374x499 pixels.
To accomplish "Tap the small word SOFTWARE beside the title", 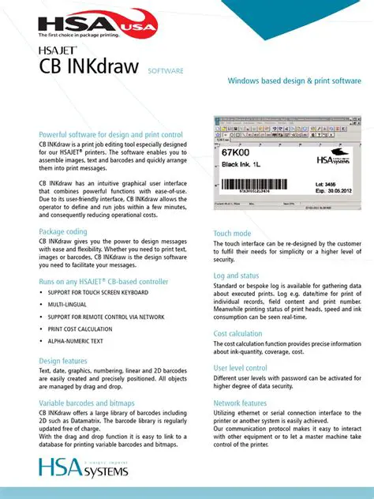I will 166,71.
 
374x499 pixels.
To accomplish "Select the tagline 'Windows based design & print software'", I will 294,81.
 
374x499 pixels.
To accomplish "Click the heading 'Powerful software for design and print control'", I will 110,135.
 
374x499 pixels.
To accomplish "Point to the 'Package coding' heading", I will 63,231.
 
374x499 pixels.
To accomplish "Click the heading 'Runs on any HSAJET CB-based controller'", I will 103,280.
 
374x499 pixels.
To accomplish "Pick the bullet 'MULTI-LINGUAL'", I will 68,304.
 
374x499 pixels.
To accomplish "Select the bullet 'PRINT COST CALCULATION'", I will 80,328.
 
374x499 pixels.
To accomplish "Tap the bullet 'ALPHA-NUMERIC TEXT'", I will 75,341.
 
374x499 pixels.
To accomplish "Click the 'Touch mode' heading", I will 232,234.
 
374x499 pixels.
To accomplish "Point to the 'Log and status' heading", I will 237,276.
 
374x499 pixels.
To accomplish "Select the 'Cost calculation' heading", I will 237,334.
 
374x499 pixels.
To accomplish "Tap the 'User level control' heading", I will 240,368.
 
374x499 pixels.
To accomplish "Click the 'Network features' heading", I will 240,403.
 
